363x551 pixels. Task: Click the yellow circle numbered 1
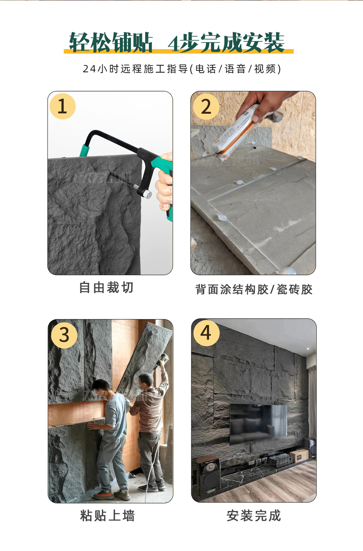pyautogui.click(x=62, y=106)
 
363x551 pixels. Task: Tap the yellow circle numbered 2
pyautogui.click(x=206, y=107)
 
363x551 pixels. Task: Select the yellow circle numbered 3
pyautogui.click(x=64, y=335)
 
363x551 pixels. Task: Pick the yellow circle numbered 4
pyautogui.click(x=206, y=333)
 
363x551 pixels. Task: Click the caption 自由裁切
pyautogui.click(x=106, y=287)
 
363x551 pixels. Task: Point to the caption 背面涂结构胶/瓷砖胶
pyautogui.click(x=254, y=289)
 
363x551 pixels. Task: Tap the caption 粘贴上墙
pyautogui.click(x=108, y=516)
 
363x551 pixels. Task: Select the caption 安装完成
pyautogui.click(x=253, y=516)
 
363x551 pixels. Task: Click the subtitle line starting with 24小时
pyautogui.click(x=182, y=69)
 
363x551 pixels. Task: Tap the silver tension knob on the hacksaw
pyautogui.click(x=147, y=194)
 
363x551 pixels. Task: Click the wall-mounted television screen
pyautogui.click(x=258, y=424)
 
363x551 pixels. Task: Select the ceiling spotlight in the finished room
pyautogui.click(x=308, y=349)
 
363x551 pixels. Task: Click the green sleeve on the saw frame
pyautogui.click(x=84, y=150)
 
